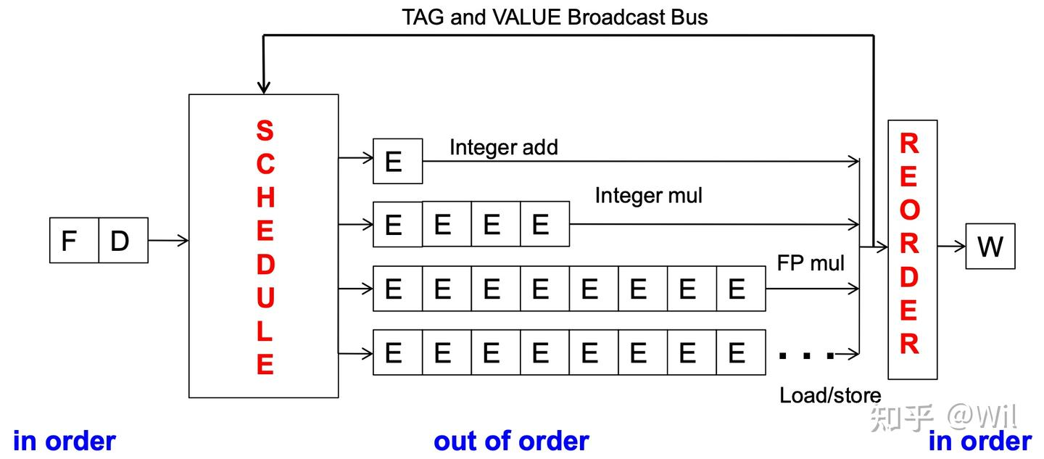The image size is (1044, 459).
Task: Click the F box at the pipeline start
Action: [x=74, y=240]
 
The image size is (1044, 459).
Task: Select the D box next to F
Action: [x=123, y=240]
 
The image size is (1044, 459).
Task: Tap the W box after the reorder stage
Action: [x=990, y=247]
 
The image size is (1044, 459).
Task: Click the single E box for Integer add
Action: [x=397, y=161]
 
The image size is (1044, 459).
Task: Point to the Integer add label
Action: [x=503, y=147]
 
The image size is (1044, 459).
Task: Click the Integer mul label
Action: [x=648, y=195]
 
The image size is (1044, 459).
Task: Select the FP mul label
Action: [x=810, y=262]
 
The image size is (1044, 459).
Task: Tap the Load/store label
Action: [x=830, y=395]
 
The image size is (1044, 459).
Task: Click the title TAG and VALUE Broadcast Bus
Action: [x=555, y=17]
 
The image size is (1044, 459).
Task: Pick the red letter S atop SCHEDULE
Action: [x=265, y=131]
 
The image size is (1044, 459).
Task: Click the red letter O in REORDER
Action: [x=909, y=211]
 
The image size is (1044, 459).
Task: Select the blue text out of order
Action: [x=511, y=441]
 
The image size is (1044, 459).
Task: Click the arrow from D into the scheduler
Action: [x=168, y=240]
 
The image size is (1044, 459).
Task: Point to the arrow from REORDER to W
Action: [x=951, y=247]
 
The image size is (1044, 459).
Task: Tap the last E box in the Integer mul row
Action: [x=544, y=225]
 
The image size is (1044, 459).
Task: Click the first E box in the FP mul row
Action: [x=397, y=289]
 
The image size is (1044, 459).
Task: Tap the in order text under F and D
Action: [x=65, y=441]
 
